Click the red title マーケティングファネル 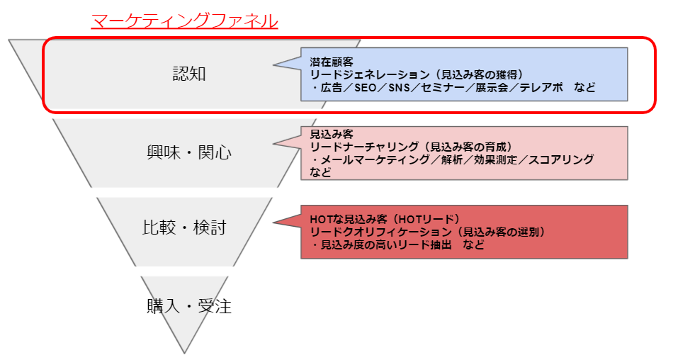185,21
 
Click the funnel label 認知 189,74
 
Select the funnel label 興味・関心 189,152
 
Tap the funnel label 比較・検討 184,227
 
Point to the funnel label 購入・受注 189,307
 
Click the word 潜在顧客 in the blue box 332,62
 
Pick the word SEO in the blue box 366,88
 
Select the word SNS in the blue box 399,88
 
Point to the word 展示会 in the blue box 492,88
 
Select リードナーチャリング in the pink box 364,147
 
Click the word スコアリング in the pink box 561,160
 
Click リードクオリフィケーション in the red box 380,232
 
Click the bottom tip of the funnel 185,353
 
